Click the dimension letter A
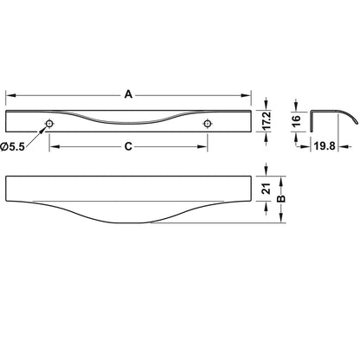[128, 94]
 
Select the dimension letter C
[128, 146]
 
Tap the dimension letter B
[281, 199]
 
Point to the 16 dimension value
[296, 119]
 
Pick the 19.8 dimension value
[325, 146]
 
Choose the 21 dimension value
[267, 189]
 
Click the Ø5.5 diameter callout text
[13, 147]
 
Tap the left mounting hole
[49, 124]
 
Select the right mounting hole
[207, 124]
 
